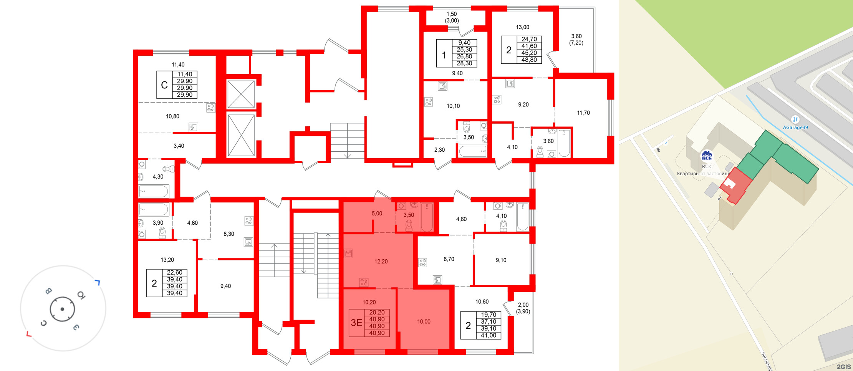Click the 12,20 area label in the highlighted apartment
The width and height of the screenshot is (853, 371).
pyautogui.click(x=381, y=262)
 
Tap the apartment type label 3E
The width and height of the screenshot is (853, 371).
pyautogui.click(x=356, y=323)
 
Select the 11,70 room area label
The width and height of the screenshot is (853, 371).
pyautogui.click(x=583, y=113)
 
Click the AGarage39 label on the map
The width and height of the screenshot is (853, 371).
pyautogui.click(x=795, y=128)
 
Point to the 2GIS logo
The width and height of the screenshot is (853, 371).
pyautogui.click(x=843, y=367)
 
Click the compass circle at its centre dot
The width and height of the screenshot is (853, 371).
pyautogui.click(x=62, y=309)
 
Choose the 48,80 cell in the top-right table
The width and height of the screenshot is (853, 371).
pyautogui.click(x=529, y=60)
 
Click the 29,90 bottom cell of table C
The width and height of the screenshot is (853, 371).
pyautogui.click(x=184, y=95)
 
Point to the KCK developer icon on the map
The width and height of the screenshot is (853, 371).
pyautogui.click(x=707, y=156)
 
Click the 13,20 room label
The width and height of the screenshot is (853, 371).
pyautogui.click(x=167, y=260)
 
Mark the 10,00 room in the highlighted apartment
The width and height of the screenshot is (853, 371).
pyautogui.click(x=424, y=322)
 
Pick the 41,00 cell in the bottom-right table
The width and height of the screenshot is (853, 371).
pyautogui.click(x=488, y=335)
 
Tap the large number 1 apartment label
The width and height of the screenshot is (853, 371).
pyautogui.click(x=444, y=55)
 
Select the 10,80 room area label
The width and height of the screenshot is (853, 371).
pyautogui.click(x=172, y=116)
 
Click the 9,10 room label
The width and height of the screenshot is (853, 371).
pyautogui.click(x=501, y=260)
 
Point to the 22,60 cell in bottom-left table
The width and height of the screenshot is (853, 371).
pyautogui.click(x=174, y=273)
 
